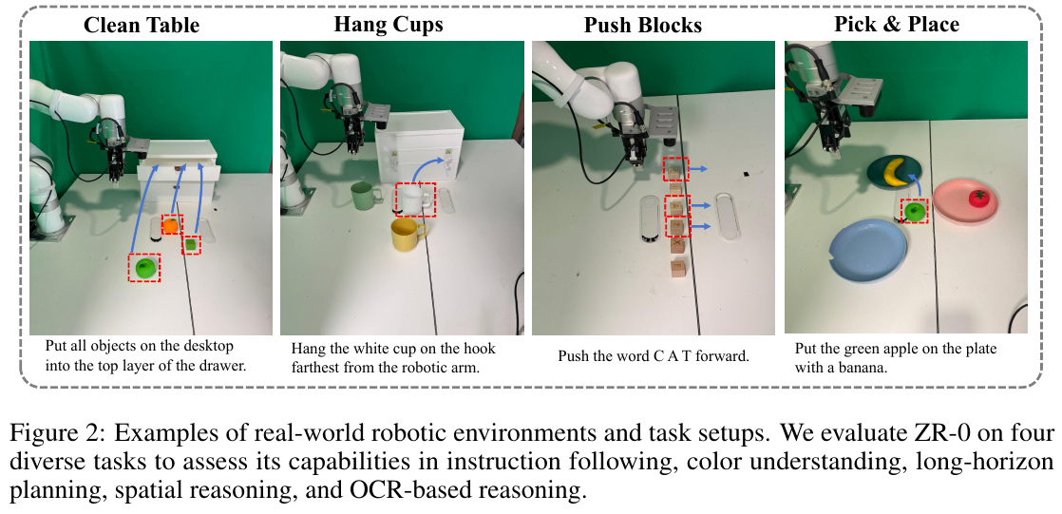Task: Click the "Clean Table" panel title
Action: pyautogui.click(x=142, y=26)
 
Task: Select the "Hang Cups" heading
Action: pyautogui.click(x=389, y=25)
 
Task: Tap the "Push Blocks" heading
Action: pyautogui.click(x=643, y=26)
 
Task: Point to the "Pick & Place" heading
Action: pyautogui.click(x=897, y=25)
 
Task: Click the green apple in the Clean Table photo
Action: pyautogui.click(x=145, y=268)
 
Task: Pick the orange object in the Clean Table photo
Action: pyautogui.click(x=171, y=224)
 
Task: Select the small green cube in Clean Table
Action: pyautogui.click(x=192, y=244)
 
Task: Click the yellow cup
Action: pyautogui.click(x=408, y=236)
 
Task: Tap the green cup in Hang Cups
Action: pyautogui.click(x=366, y=198)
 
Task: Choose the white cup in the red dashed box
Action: pyautogui.click(x=415, y=200)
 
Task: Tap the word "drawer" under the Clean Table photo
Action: pyautogui.click(x=224, y=367)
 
